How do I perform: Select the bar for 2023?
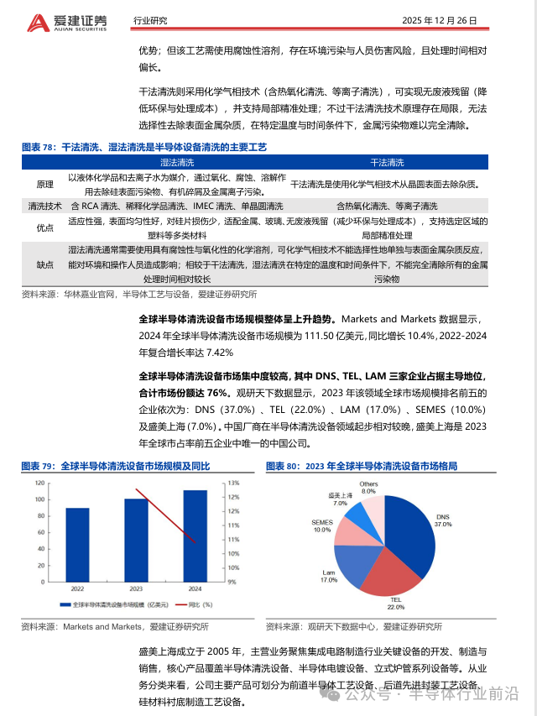(136, 540)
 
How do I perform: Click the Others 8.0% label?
(368, 488)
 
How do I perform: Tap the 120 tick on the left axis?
(39, 483)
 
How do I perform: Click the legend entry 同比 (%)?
(196, 604)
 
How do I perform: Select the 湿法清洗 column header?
(177, 162)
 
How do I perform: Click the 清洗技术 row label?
(44, 206)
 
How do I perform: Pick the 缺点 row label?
(44, 264)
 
